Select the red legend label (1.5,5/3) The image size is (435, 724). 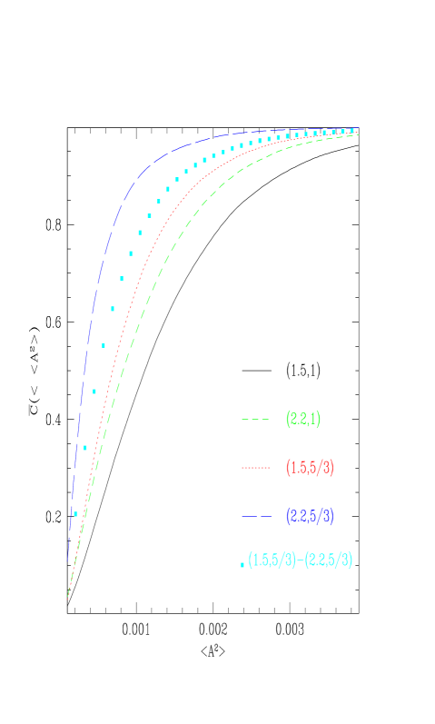(x=310, y=468)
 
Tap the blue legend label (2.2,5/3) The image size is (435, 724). (x=310, y=516)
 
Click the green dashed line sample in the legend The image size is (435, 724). (x=255, y=420)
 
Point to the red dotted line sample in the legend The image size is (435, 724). (x=255, y=468)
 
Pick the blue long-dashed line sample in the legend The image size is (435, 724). (x=255, y=516)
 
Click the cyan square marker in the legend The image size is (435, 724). (x=242, y=564)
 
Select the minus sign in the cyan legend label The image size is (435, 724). (x=301, y=560)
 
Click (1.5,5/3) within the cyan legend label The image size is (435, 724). (x=272, y=560)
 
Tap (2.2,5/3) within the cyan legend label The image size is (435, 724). (x=328, y=560)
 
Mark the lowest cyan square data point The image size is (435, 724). (x=76, y=514)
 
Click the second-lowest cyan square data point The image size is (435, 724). (x=85, y=447)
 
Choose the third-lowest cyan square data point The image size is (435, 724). (x=94, y=392)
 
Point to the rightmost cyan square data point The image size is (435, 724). (x=352, y=130)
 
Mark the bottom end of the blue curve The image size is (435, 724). (x=68, y=561)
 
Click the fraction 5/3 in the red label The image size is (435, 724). (x=322, y=468)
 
